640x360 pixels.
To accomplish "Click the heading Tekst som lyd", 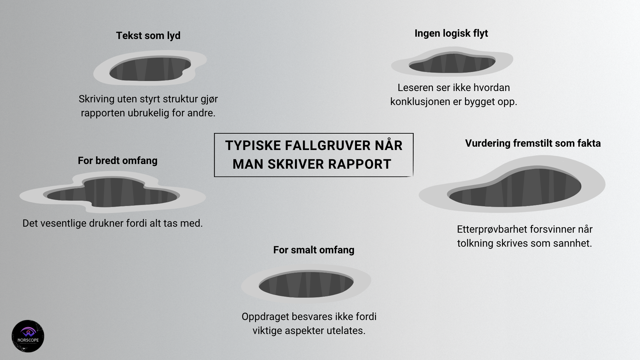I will click(148, 36).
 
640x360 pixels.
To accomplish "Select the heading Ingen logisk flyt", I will click(451, 33).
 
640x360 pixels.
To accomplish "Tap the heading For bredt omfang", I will click(117, 161).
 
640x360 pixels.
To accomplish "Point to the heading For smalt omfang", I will click(314, 250).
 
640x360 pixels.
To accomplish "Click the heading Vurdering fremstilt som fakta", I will click(533, 143).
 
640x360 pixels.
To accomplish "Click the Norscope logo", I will click(28, 336).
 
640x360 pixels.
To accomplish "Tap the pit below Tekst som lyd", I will click(150, 69).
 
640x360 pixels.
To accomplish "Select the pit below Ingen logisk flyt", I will click(452, 63).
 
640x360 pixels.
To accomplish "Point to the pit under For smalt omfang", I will click(306, 284).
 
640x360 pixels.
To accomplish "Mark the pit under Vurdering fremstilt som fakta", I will click(515, 188).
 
